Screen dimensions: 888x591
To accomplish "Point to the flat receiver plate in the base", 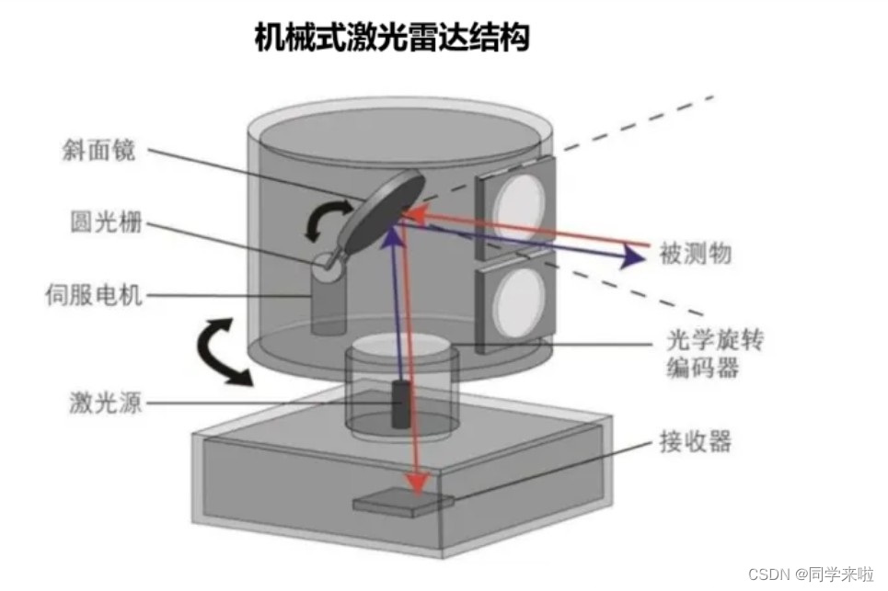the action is pyautogui.click(x=402, y=503).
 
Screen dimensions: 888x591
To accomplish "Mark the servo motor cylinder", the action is pyautogui.click(x=325, y=306).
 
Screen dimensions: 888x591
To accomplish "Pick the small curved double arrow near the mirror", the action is pyautogui.click(x=326, y=222).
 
